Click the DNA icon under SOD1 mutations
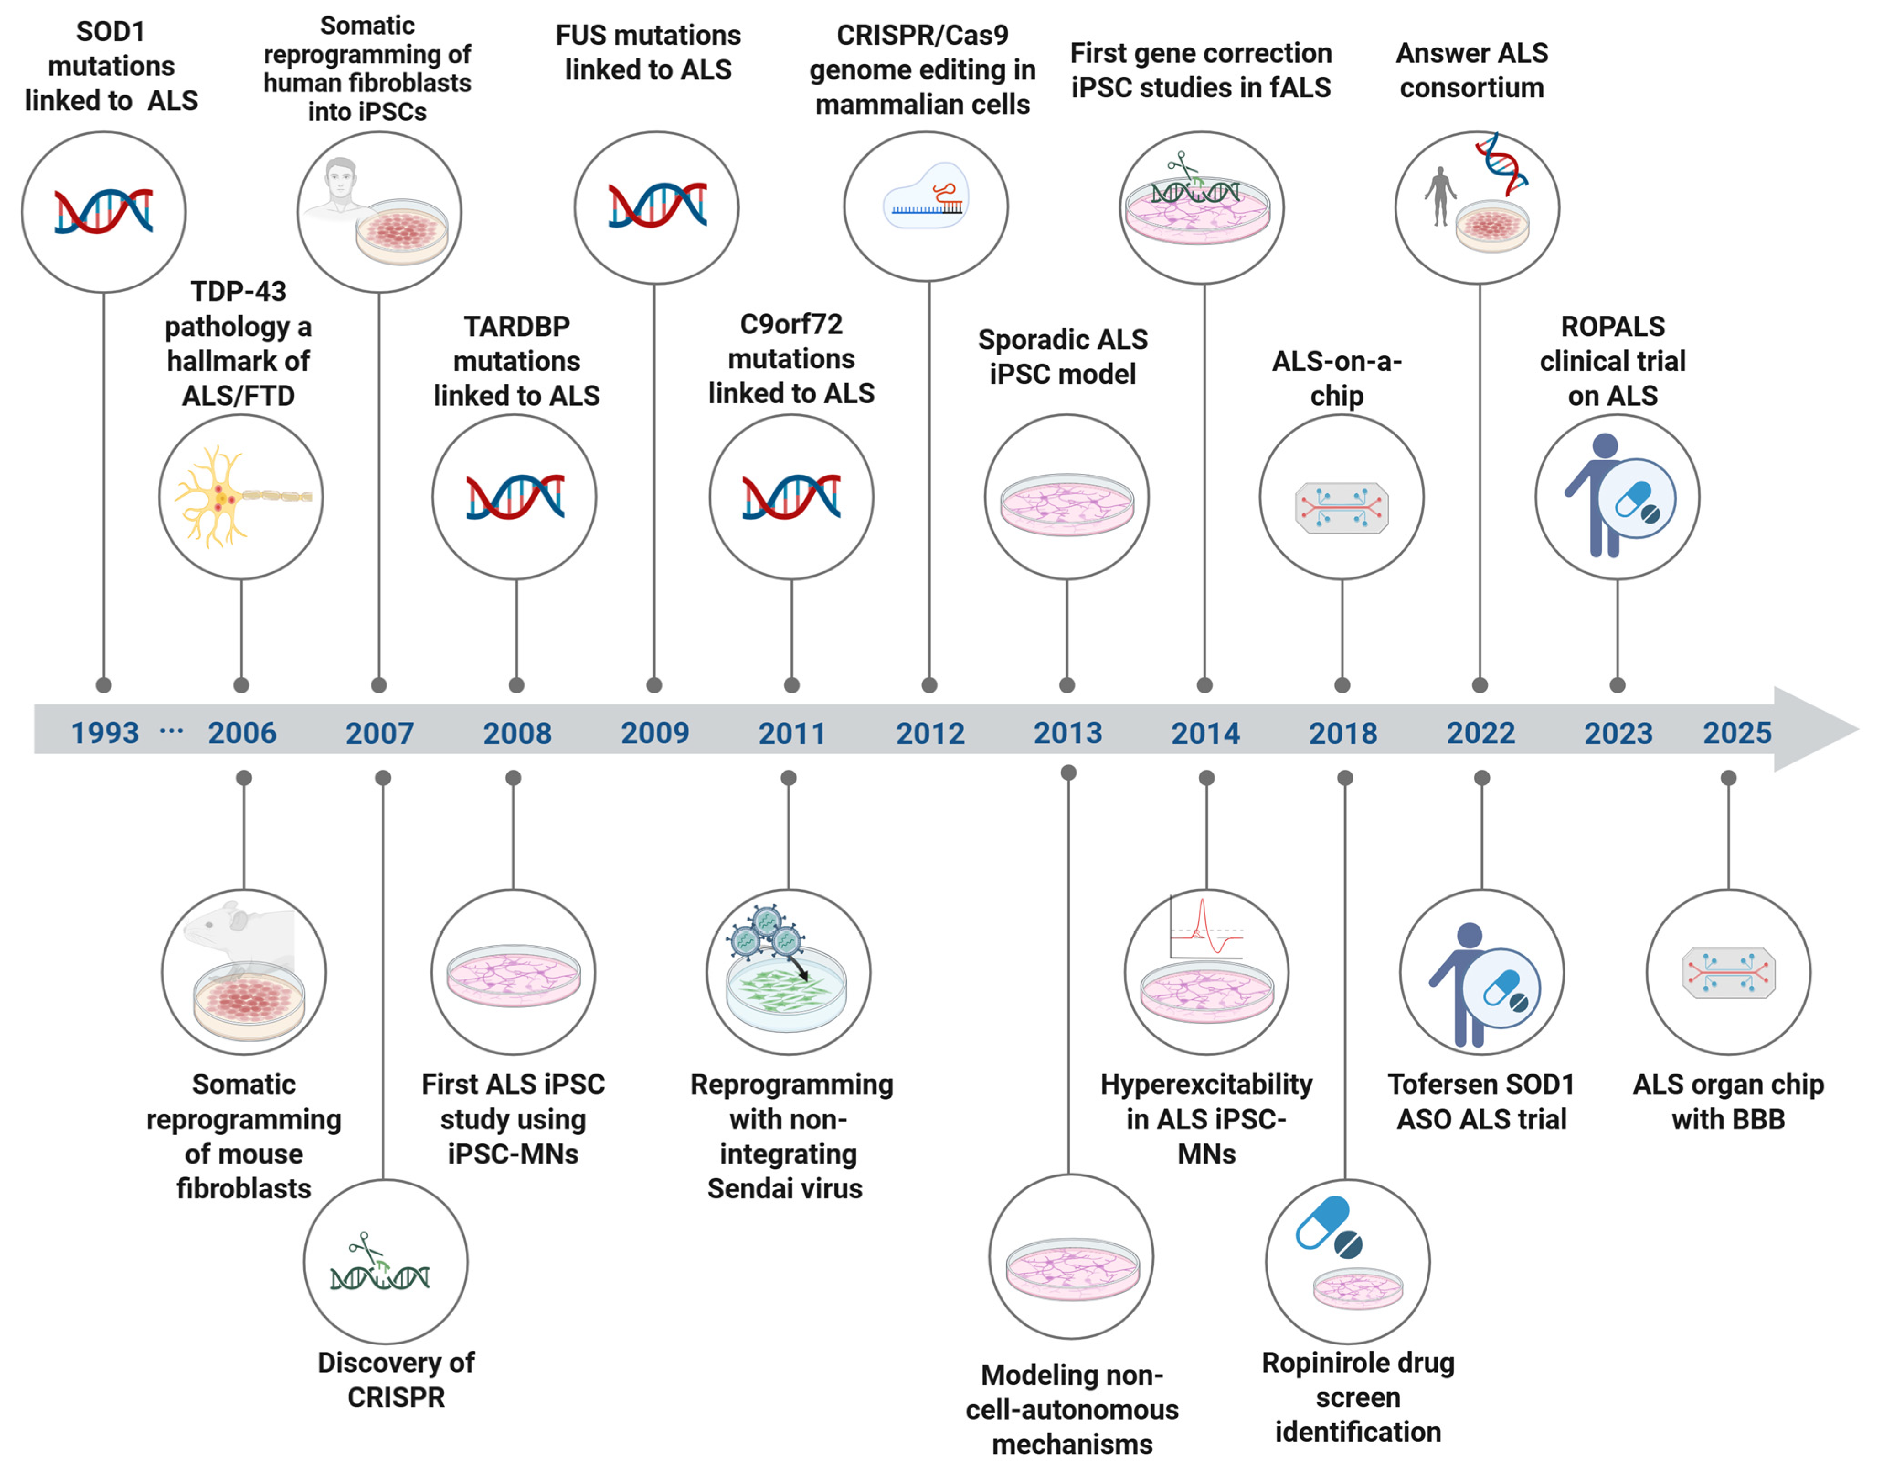(x=103, y=211)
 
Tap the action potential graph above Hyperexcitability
(x=1206, y=928)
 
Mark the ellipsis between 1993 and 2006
(x=171, y=731)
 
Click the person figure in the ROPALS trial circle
(x=1594, y=495)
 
